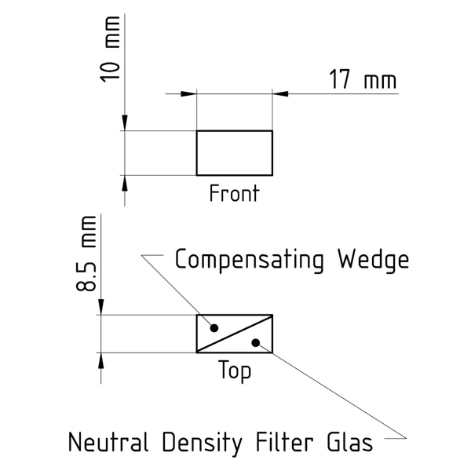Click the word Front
(233, 193)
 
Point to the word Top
(235, 371)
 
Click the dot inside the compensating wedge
(214, 327)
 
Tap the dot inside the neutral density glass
(255, 341)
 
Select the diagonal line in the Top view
(234, 334)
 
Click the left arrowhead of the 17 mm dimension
(188, 94)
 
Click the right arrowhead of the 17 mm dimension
(279, 94)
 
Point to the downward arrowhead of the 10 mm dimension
(124, 124)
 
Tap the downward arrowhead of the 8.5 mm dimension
(100, 309)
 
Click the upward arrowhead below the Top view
(100, 360)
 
